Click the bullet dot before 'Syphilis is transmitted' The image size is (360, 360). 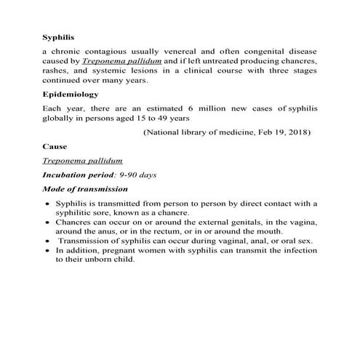coord(47,204)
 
